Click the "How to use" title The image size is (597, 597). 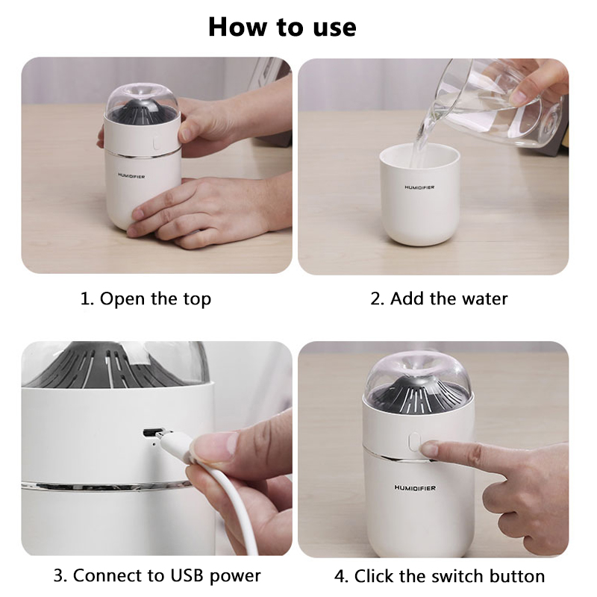pos(282,28)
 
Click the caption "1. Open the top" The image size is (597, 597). pos(146,299)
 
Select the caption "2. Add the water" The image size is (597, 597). pos(439,298)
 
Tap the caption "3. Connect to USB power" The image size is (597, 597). pos(157,575)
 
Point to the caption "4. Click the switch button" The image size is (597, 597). pos(440,576)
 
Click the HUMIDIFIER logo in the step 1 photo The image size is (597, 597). pos(131,176)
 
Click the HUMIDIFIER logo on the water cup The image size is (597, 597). pos(419,187)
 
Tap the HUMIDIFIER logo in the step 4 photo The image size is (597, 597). pos(415,488)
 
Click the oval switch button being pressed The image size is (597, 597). pos(414,443)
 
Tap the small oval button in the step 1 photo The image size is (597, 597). pos(156,143)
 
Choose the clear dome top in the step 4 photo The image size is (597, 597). pos(418,377)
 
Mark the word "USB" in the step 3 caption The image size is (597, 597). pos(187,575)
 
